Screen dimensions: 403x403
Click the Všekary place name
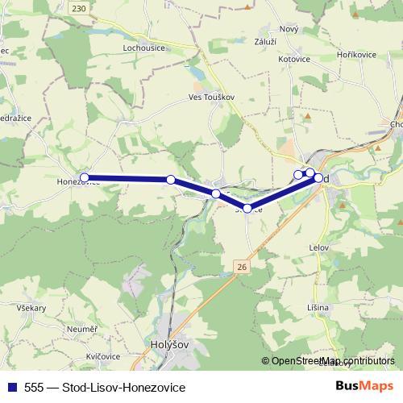30,309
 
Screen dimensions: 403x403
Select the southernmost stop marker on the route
247,209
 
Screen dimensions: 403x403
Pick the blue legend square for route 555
11,388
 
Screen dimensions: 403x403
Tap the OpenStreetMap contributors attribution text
332,362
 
